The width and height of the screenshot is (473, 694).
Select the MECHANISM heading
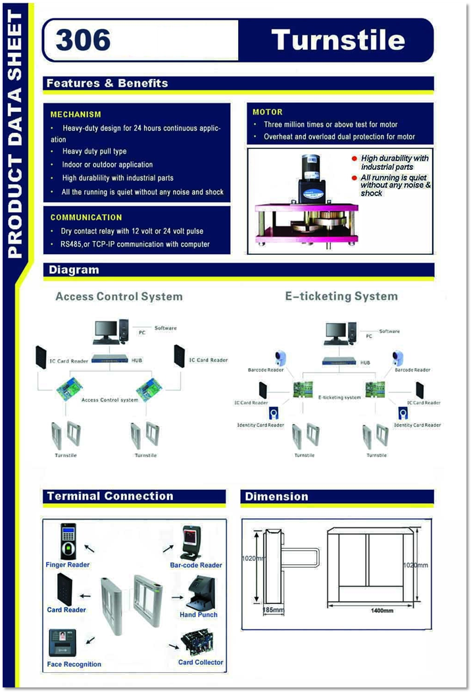[x=76, y=115]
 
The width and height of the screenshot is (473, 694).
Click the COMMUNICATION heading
[x=86, y=217]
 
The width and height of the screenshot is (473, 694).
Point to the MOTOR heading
[x=268, y=113]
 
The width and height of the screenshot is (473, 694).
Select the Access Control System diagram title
[x=119, y=296]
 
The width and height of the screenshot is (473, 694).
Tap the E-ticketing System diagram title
[x=341, y=296]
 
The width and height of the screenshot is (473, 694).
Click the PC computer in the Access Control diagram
[x=107, y=333]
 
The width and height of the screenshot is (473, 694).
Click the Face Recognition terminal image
[x=62, y=642]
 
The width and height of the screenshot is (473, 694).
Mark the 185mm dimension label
[x=273, y=610]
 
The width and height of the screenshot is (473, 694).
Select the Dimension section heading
[x=276, y=496]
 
